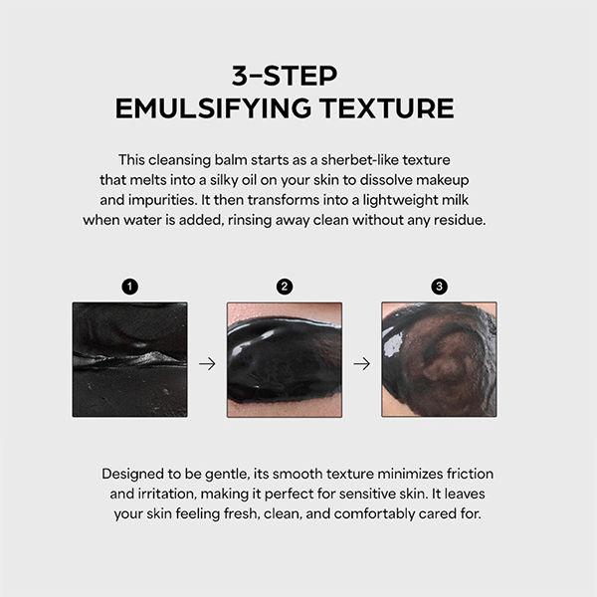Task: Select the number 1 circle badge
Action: (129, 287)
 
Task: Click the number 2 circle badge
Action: (285, 287)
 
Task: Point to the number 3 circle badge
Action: (440, 287)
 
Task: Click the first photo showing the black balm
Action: (129, 359)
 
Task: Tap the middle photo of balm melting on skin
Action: (285, 359)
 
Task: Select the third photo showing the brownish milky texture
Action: (440, 359)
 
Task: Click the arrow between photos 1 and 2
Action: (207, 364)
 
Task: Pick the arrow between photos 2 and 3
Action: (362, 364)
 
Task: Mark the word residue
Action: (457, 219)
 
